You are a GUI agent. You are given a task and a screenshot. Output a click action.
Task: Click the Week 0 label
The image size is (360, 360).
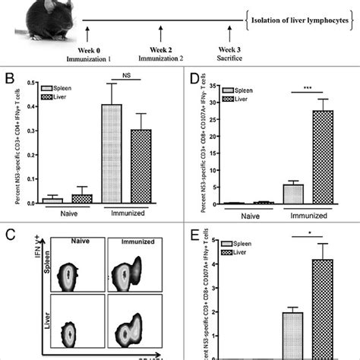click(89, 48)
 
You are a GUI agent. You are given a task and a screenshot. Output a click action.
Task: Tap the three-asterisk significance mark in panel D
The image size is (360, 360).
click(306, 84)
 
